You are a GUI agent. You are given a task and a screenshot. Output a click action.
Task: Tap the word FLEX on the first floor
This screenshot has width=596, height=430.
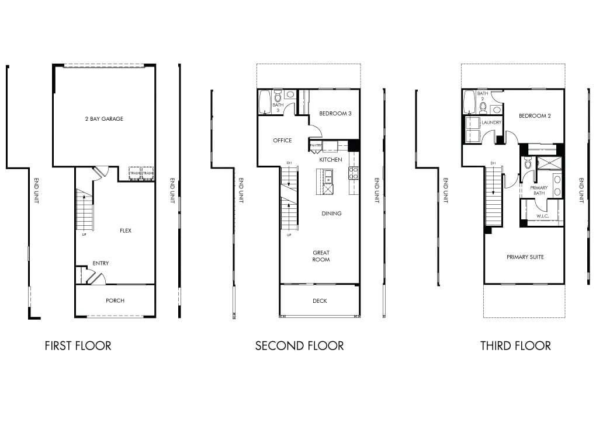coord(126,230)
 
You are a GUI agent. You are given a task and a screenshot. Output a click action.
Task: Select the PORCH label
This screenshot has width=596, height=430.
coord(115,300)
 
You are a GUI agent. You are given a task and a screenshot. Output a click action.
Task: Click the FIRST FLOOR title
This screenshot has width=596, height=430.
coord(78,346)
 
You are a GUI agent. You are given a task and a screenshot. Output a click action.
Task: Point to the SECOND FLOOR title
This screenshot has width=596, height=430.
coord(299,346)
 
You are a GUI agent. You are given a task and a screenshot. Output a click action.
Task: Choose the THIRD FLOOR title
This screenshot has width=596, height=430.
coord(515,346)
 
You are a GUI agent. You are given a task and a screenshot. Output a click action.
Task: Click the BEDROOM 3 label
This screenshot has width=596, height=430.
coord(335,113)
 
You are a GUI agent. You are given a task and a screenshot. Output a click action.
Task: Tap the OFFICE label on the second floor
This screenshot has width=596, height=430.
coord(282,141)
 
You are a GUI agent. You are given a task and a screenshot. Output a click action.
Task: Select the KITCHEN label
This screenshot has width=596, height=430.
coord(330,159)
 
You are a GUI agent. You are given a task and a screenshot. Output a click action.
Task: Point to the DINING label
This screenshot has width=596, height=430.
coord(331,214)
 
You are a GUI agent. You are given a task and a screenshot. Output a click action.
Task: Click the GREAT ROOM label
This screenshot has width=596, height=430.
coord(321,256)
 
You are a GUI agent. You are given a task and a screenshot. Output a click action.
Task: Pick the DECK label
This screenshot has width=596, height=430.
coord(320,301)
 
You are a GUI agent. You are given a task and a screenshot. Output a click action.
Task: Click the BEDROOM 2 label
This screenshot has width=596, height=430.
coord(535,116)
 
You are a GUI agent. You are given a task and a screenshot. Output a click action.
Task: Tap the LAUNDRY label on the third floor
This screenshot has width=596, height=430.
coord(491,123)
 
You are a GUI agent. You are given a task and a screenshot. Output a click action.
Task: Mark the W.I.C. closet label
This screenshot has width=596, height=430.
coord(543,215)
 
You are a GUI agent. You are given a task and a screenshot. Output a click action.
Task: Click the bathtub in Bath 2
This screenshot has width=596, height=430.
coord(469,103)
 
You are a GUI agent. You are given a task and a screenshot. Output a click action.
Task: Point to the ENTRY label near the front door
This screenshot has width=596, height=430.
coord(101,263)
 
